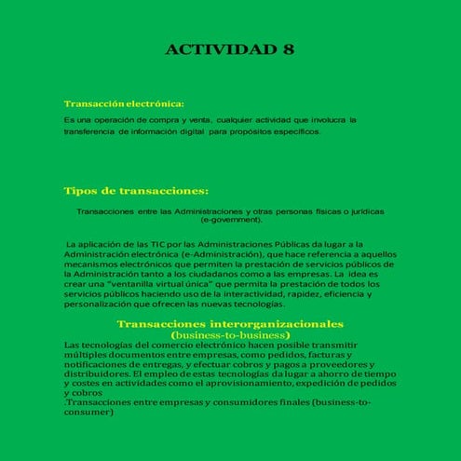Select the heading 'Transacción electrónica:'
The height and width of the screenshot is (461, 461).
click(124, 103)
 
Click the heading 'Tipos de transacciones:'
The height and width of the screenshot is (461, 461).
click(136, 191)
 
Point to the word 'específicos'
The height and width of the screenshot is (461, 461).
click(296, 131)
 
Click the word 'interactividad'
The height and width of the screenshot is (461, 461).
click(243, 294)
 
